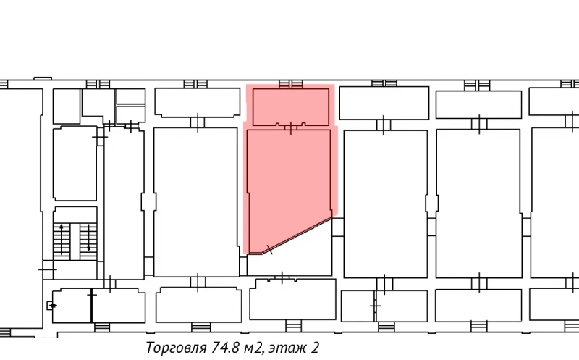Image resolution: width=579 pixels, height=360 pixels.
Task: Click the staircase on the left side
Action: (x=75, y=238)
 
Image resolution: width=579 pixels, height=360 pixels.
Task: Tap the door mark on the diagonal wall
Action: (x=270, y=250)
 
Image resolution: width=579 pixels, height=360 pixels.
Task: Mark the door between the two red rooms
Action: (x=290, y=128)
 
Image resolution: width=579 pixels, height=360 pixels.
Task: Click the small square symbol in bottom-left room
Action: (x=51, y=306)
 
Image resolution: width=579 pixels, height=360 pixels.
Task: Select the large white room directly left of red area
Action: (x=196, y=203)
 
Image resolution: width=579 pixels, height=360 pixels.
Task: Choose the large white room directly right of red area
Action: (x=385, y=203)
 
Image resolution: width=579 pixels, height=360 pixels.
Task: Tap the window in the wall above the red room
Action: (x=290, y=83)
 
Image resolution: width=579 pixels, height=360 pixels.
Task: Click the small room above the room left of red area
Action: (x=197, y=102)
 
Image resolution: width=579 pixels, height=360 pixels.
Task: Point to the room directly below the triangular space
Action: (x=292, y=299)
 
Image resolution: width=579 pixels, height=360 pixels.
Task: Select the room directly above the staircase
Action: (x=75, y=164)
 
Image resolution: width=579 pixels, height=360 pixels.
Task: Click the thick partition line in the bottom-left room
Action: (x=91, y=306)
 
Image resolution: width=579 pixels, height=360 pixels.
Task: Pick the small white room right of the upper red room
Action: (x=384, y=103)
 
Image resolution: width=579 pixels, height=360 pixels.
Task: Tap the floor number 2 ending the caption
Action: (x=316, y=348)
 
